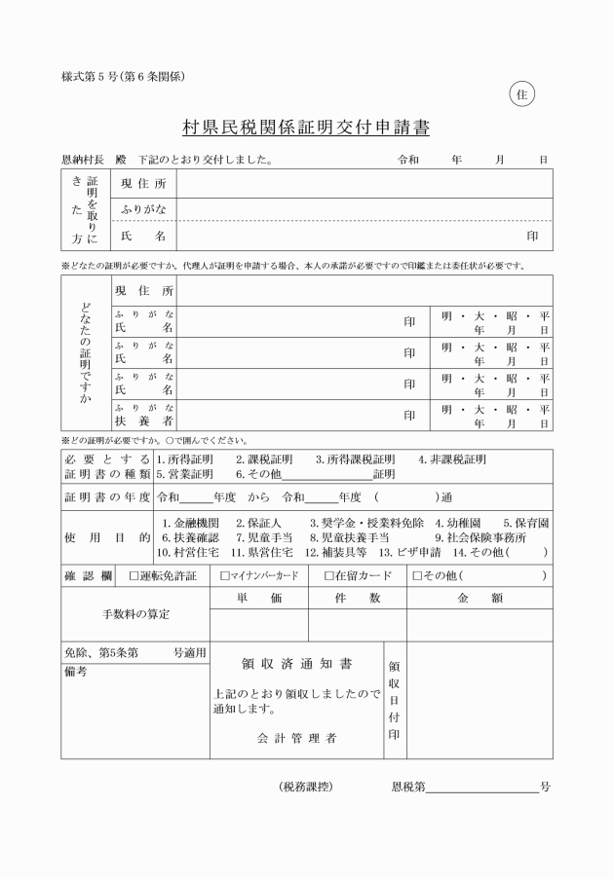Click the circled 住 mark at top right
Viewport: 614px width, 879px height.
coord(521,94)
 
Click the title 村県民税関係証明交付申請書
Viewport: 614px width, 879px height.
coord(306,128)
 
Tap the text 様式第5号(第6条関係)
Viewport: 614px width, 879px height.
coord(123,76)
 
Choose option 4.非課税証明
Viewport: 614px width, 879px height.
coord(451,459)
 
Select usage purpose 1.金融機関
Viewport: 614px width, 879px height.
coord(197,523)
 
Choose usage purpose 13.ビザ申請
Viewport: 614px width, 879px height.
coord(404,551)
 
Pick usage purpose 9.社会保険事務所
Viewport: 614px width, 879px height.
coord(480,536)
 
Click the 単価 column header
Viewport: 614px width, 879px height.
coord(258,599)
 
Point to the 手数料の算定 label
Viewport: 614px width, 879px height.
coord(135,614)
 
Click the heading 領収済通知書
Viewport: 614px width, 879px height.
coord(297,665)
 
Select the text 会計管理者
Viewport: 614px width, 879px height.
coord(297,739)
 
